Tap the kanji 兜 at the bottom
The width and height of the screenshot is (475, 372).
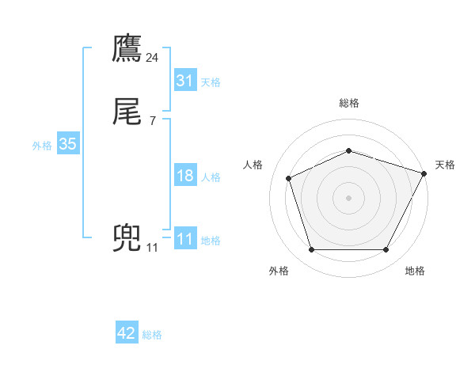pos(127,239)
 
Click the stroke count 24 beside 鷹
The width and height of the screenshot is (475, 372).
pos(153,58)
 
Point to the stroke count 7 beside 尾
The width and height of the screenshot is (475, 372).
pos(153,121)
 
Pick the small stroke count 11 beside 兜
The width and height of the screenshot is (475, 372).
pos(153,248)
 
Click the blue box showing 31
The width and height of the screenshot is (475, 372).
pos(185,81)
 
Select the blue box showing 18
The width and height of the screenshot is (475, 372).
pos(185,176)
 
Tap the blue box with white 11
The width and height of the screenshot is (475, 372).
pos(185,239)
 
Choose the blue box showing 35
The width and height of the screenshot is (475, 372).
pos(67,144)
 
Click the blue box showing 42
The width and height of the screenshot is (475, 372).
pos(127,333)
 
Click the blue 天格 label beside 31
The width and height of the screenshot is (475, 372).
pos(211,82)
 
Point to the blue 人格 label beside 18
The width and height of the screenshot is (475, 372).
pos(211,177)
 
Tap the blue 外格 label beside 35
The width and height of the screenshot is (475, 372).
pos(42,146)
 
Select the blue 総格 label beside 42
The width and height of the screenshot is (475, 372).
pos(152,335)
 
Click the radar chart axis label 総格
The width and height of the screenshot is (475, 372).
pos(349,103)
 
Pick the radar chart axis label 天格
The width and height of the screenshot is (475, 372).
pos(446,165)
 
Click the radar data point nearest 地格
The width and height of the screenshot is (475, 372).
pos(386,250)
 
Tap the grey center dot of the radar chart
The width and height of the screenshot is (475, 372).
pos(348,197)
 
